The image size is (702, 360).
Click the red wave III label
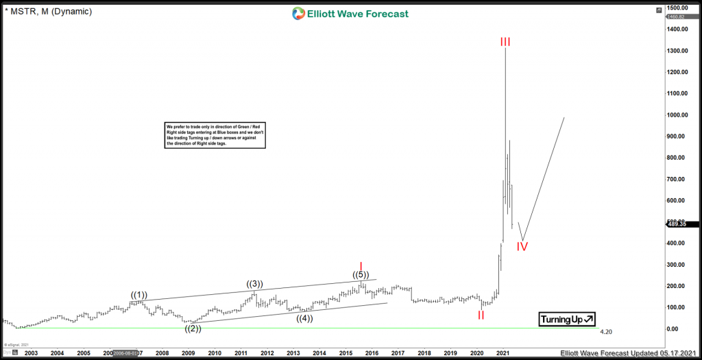[505, 42]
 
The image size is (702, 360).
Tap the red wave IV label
[522, 246]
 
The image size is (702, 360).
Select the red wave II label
[481, 315]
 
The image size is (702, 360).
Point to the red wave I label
[361, 265]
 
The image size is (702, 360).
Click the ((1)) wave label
[139, 295]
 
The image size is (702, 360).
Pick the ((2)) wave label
[193, 328]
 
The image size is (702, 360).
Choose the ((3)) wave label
[255, 284]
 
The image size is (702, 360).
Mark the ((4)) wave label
[305, 318]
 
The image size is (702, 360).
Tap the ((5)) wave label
[361, 275]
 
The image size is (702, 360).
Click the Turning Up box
[567, 319]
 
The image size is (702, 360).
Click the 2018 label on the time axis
[424, 352]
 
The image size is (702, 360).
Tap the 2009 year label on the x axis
[189, 352]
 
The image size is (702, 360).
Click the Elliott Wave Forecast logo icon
[298, 14]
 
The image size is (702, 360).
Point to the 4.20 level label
[605, 332]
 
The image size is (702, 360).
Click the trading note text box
[215, 135]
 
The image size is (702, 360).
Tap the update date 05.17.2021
[675, 353]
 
